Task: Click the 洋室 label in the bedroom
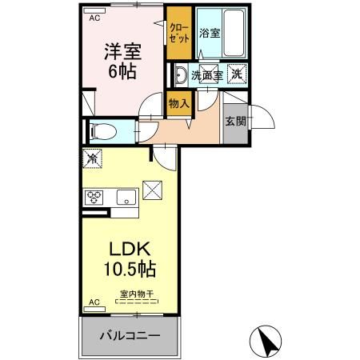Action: [x=122, y=51]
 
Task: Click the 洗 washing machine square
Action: [x=237, y=74]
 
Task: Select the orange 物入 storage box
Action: [x=178, y=103]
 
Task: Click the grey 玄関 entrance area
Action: [x=235, y=122]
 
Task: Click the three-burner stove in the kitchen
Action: [x=94, y=197]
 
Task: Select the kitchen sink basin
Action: [x=126, y=197]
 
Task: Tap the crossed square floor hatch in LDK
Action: [x=152, y=190]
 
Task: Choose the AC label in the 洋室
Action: [x=95, y=17]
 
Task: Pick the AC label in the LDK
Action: [x=94, y=303]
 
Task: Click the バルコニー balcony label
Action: [x=129, y=334]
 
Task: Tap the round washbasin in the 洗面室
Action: [x=182, y=75]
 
